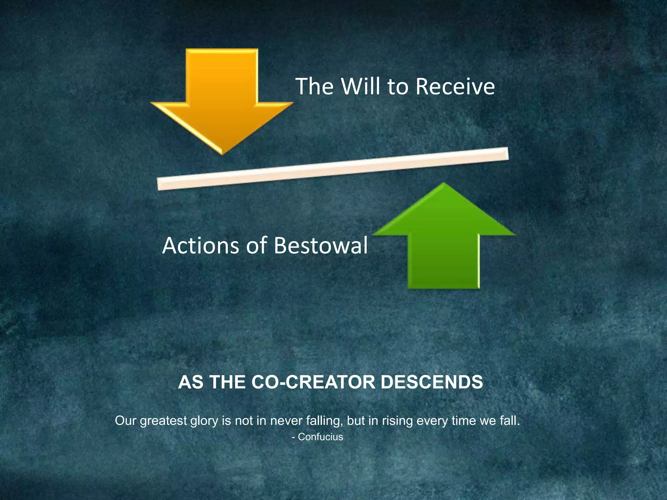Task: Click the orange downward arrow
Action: [222, 98]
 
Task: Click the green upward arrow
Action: [444, 241]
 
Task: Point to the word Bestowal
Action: [321, 245]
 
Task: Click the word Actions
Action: [200, 245]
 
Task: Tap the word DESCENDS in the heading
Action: [432, 382]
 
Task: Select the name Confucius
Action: [320, 437]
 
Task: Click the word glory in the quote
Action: [204, 421]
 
